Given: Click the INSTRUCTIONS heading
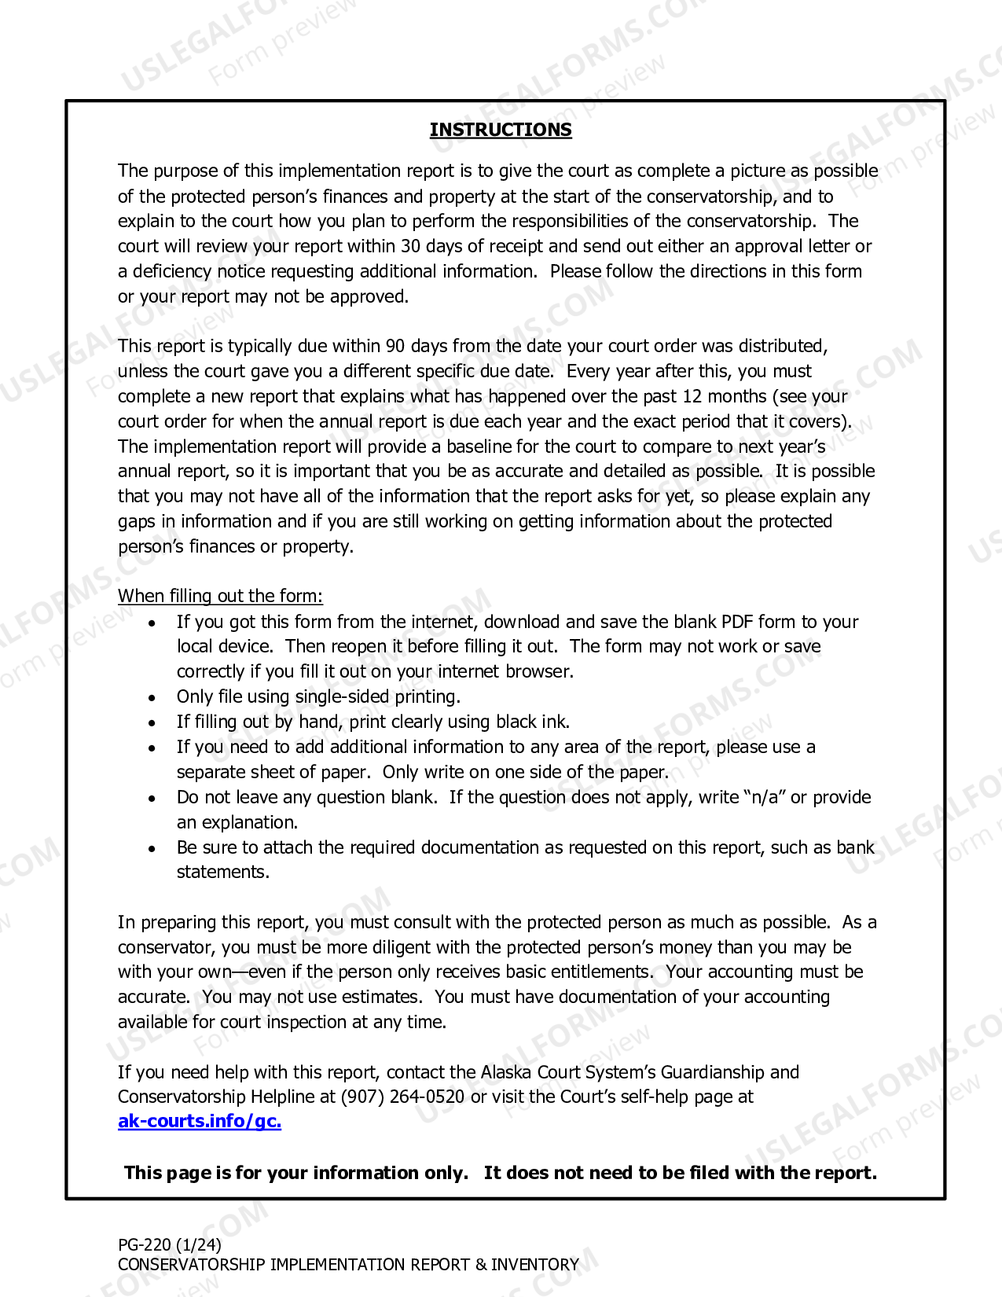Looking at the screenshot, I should tap(501, 130).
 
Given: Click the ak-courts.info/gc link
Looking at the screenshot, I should tap(200, 1121).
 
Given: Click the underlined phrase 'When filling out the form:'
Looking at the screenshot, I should tap(220, 596).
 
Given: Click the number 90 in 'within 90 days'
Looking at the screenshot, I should tap(395, 346).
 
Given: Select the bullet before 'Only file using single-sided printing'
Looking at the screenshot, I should tap(152, 697).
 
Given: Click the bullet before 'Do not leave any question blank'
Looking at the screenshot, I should tap(152, 798).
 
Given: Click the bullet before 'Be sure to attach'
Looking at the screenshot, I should tap(152, 848).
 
